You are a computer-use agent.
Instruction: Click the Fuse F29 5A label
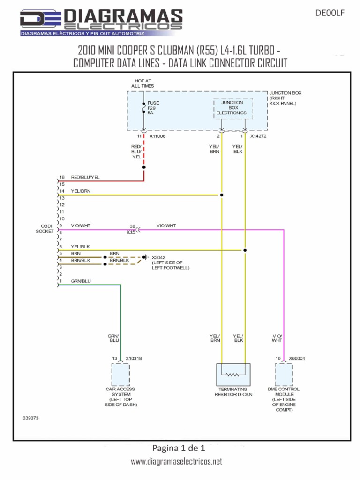(x=153, y=108)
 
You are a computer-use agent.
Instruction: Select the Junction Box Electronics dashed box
(x=233, y=108)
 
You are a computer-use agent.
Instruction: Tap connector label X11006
(x=157, y=136)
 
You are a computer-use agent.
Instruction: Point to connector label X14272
(x=258, y=136)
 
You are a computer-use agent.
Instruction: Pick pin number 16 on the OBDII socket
(x=61, y=178)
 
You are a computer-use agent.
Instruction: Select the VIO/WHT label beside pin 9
(x=80, y=226)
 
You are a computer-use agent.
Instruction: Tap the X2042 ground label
(x=159, y=257)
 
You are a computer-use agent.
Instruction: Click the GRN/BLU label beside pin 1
(x=81, y=281)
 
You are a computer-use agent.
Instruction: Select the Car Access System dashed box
(x=120, y=374)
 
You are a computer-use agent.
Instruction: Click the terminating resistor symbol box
(x=233, y=375)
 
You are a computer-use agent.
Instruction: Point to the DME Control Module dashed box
(x=284, y=374)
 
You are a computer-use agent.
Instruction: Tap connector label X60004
(x=297, y=359)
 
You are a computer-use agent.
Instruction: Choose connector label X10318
(x=134, y=359)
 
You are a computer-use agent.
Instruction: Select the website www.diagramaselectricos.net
(x=176, y=462)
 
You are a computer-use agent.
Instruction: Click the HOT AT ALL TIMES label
(x=142, y=83)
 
